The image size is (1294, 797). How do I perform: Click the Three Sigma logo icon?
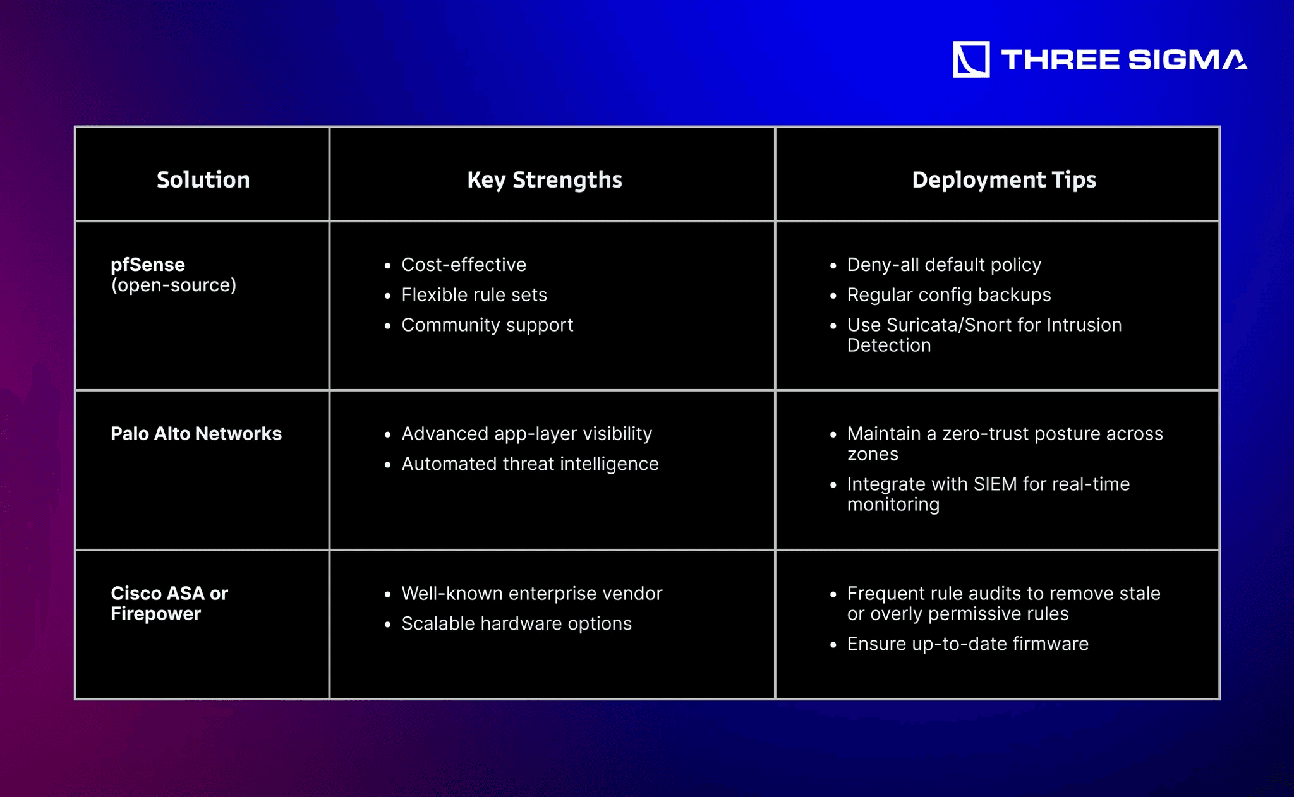(x=971, y=59)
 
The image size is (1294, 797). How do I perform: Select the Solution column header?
(x=203, y=180)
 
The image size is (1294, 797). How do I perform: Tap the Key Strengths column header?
(x=545, y=181)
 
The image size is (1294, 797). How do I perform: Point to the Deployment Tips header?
(x=1004, y=181)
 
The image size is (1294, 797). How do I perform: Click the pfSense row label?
(x=148, y=265)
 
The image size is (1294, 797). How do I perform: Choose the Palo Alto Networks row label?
(x=196, y=434)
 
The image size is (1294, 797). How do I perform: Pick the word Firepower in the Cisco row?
(x=155, y=614)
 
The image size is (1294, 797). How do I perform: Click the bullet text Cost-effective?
(x=464, y=265)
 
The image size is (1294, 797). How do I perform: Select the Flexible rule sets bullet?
(x=475, y=295)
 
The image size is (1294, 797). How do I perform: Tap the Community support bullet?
(x=487, y=325)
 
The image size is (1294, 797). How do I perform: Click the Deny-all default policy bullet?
(x=944, y=265)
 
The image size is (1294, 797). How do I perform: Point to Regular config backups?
(x=949, y=295)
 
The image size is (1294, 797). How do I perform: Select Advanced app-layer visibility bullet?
(x=526, y=434)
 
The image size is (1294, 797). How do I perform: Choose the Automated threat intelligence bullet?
(x=530, y=464)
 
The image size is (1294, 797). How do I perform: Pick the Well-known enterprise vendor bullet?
(x=532, y=594)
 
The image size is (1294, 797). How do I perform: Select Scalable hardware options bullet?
(x=516, y=624)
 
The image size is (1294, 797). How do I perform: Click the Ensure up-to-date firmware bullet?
(x=968, y=644)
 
